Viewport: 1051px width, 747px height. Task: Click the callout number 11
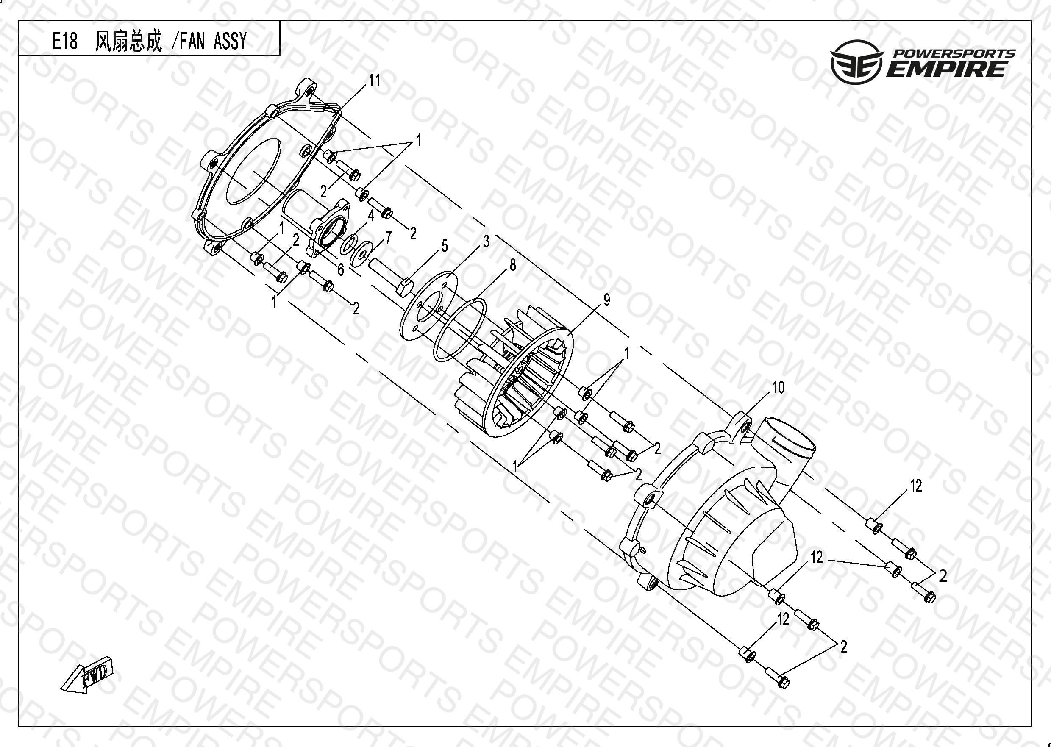(374, 81)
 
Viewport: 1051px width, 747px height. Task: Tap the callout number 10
(778, 388)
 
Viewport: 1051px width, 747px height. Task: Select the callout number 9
(607, 300)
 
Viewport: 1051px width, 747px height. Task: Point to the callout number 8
(512, 264)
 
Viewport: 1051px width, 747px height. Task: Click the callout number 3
(486, 242)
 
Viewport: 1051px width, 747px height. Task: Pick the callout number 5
(444, 246)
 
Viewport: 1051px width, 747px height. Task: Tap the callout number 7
(389, 237)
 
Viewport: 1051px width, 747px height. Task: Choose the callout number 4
(371, 214)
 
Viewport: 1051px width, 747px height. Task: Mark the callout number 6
(340, 269)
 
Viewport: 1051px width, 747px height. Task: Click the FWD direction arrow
(87, 675)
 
